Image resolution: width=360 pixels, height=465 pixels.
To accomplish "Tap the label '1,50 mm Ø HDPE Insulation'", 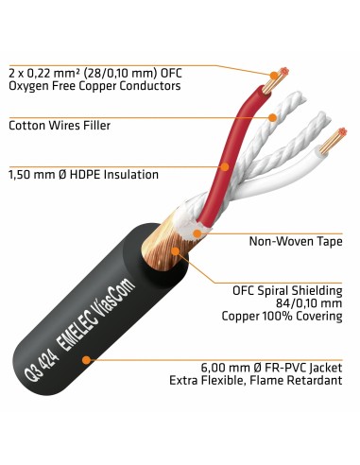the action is [x=83, y=174].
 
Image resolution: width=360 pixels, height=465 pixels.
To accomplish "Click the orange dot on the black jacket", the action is [x=88, y=360].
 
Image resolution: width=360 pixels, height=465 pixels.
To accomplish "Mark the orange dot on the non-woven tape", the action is [x=197, y=231].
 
